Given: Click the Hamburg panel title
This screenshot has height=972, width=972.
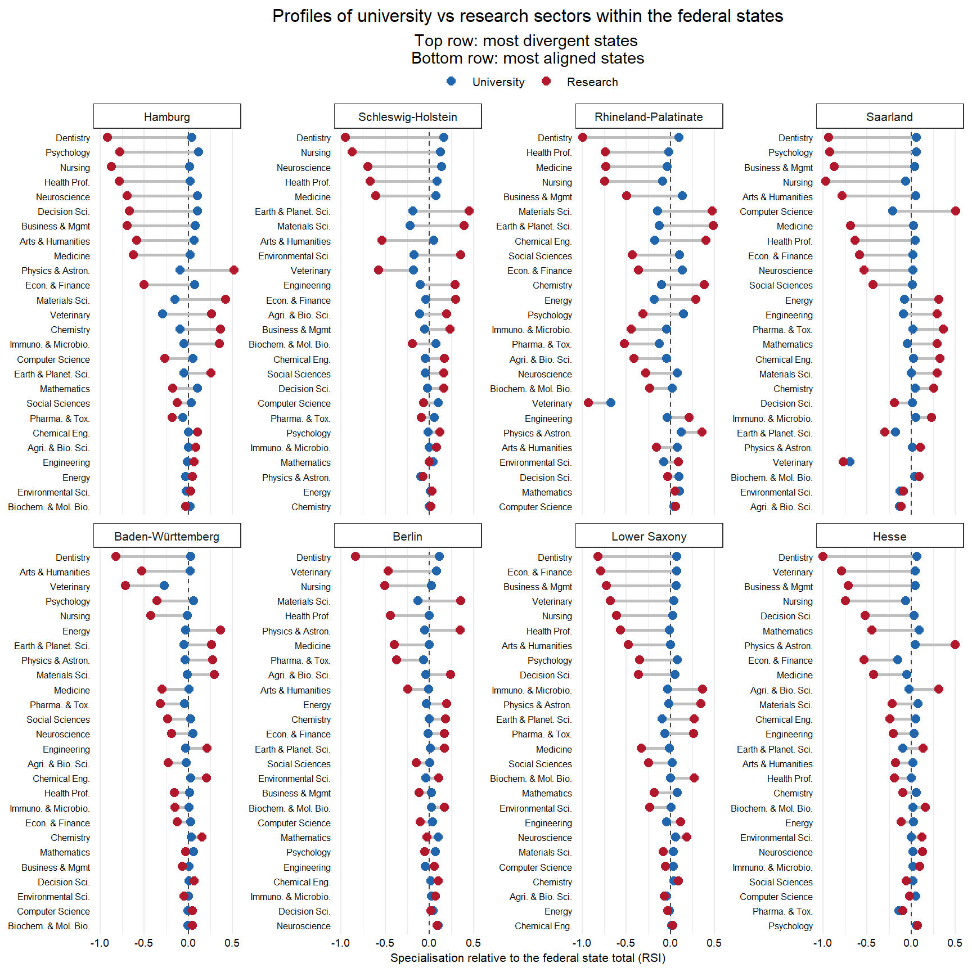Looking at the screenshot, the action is [167, 117].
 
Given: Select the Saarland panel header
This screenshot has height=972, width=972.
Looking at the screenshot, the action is [889, 117].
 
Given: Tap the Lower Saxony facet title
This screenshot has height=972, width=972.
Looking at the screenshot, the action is [649, 537].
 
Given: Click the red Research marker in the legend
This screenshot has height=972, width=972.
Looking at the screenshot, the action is [546, 82].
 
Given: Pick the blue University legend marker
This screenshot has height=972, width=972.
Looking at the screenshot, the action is [451, 82].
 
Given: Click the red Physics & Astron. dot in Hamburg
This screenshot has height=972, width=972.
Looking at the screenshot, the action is [234, 270].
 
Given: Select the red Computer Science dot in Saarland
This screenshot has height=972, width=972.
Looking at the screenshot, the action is [956, 211].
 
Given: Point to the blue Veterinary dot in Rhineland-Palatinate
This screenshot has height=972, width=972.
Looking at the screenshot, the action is [611, 403].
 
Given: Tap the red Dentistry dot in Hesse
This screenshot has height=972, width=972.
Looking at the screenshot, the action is [823, 556].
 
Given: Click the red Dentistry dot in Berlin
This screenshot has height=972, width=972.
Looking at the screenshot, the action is [355, 556].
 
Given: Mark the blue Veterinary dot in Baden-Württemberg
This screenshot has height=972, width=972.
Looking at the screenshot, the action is [164, 586].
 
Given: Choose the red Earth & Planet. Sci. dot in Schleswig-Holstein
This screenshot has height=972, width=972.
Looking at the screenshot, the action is [469, 211].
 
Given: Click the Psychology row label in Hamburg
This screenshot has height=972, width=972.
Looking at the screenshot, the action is [67, 152].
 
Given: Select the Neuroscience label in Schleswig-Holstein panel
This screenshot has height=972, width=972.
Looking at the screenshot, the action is [304, 168].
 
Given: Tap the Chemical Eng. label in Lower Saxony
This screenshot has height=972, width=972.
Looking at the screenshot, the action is [543, 926].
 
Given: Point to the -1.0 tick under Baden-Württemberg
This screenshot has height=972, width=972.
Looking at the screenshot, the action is [100, 943].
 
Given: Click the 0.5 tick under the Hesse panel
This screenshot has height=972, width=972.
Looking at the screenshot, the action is [955, 943].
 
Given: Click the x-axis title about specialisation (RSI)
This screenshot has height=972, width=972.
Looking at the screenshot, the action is [528, 958].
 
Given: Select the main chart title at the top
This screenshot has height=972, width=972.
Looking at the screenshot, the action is [528, 16].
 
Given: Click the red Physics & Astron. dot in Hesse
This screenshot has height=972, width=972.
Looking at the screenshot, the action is [955, 645].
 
